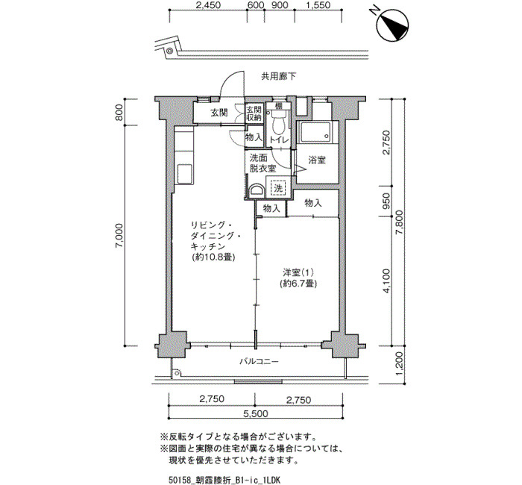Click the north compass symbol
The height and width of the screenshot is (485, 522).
[x=392, y=25]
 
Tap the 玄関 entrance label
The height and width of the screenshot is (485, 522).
[x=219, y=113]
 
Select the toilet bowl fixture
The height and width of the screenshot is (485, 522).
[x=278, y=122]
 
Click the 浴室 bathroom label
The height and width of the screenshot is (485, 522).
[x=317, y=160]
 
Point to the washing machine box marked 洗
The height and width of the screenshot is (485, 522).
[x=278, y=188]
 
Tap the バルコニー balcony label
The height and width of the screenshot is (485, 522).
[x=259, y=361]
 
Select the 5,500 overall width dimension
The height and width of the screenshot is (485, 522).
[x=256, y=413]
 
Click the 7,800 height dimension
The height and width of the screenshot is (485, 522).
[x=399, y=222]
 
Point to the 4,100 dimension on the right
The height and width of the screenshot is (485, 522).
[x=386, y=281]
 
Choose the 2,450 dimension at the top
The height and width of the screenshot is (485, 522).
[x=208, y=5]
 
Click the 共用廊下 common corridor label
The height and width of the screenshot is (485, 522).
[x=278, y=77]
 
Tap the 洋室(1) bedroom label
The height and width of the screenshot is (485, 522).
[x=298, y=272]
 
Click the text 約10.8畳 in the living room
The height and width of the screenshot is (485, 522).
[x=213, y=257]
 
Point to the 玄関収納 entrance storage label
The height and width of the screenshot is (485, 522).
[x=254, y=113]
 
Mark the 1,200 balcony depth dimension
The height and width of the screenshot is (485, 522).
[x=399, y=364]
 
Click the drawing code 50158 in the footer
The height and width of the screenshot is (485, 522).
[x=180, y=480]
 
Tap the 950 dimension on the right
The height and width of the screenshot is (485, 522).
[x=386, y=201]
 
